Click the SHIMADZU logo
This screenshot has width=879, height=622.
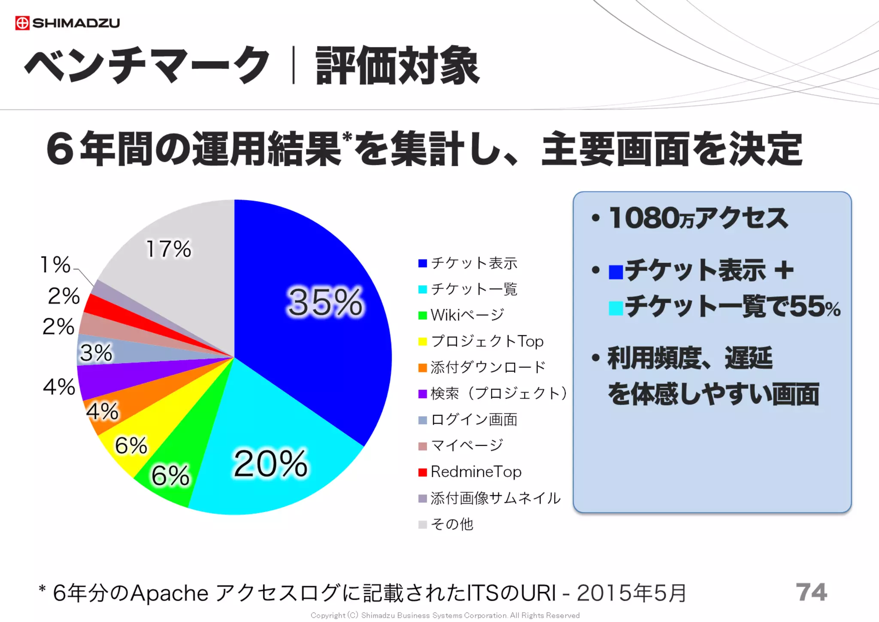tap(67, 23)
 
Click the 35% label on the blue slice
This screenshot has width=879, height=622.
tap(325, 302)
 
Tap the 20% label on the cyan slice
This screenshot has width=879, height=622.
tap(270, 464)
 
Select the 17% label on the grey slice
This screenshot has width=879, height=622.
tap(168, 249)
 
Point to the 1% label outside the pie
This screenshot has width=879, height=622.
tap(55, 265)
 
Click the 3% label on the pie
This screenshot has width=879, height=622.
tap(96, 353)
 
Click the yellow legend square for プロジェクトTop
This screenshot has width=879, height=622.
tap(422, 341)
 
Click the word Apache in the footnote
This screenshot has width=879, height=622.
tap(169, 594)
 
